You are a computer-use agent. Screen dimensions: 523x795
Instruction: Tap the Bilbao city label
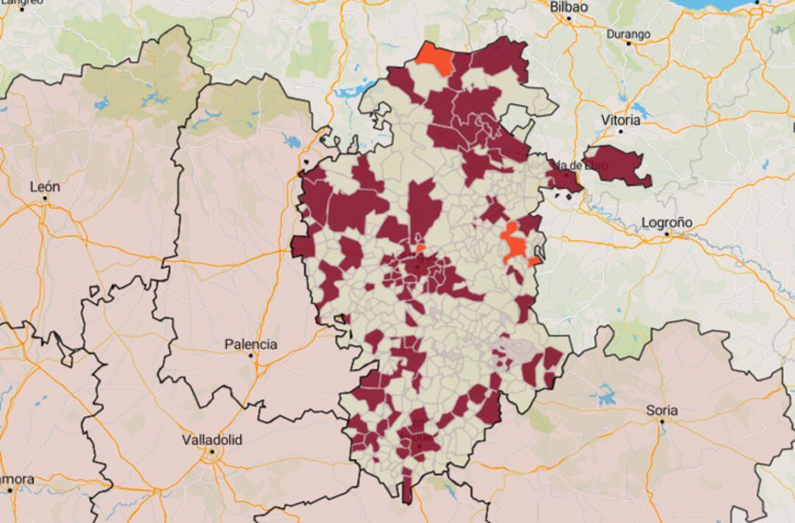(x=569, y=6)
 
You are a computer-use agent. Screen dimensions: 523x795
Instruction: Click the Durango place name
(x=628, y=34)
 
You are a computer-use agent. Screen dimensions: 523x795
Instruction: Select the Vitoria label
(x=620, y=120)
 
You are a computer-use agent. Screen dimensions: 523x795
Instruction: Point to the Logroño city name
(x=667, y=222)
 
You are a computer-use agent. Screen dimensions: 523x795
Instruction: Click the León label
(x=44, y=187)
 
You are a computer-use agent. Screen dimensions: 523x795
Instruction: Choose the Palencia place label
(x=251, y=344)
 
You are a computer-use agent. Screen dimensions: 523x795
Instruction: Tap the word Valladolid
(x=212, y=440)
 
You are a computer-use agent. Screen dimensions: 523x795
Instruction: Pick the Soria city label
(x=662, y=410)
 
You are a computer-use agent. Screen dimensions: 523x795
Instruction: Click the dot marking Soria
(x=662, y=421)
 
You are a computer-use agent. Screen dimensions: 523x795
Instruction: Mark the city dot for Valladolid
(x=212, y=452)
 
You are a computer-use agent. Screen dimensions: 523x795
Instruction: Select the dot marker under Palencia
(x=251, y=355)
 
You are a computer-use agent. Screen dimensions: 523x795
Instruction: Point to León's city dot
(x=45, y=198)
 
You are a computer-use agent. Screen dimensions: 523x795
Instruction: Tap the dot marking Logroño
(x=668, y=234)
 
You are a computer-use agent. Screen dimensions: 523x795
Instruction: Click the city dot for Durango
(x=629, y=43)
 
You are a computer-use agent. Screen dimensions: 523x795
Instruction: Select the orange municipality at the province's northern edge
(x=437, y=59)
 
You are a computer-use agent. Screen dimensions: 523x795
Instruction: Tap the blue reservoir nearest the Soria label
(x=607, y=396)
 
